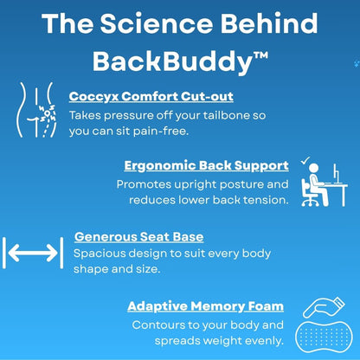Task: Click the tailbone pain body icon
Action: [34, 111]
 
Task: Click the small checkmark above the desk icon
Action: [305, 161]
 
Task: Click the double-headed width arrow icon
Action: [33, 253]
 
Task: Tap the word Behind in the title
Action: [268, 23]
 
